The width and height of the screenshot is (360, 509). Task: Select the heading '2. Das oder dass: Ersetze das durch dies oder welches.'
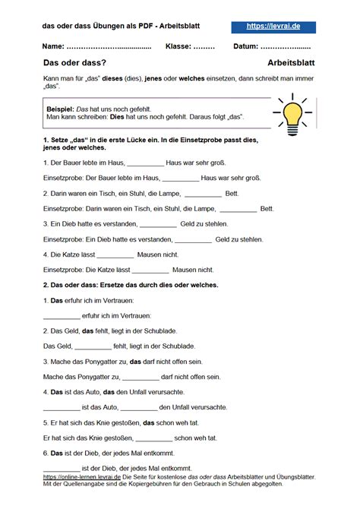(x=131, y=285)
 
